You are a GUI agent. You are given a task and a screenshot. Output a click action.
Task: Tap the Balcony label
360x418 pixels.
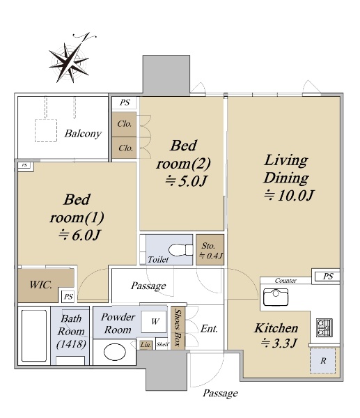pos(83,133)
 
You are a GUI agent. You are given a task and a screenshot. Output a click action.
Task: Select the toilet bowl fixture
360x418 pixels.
pos(180,250)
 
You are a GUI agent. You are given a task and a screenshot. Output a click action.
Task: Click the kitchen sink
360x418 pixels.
pos(276,297)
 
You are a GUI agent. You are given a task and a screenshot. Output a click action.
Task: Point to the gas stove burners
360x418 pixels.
pos(324,327)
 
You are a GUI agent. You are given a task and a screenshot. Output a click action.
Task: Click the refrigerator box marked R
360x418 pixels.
pos(322,360)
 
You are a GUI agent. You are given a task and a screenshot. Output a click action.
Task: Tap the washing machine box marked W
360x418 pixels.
pos(154,321)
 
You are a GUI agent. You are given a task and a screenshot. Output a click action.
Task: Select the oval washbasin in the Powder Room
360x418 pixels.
pos(115,352)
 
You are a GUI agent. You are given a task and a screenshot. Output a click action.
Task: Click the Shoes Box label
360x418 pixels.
pos(177,327)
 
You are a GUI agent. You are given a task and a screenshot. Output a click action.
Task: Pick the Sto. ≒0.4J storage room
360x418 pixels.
pos(210,250)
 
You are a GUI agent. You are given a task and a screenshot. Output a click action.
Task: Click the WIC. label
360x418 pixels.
pos(40,285)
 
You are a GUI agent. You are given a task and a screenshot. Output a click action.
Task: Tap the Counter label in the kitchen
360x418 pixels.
pos(285,281)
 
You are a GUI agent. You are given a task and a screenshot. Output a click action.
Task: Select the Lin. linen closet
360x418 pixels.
pos(146,344)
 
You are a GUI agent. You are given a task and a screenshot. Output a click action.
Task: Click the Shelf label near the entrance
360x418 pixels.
pos(162,344)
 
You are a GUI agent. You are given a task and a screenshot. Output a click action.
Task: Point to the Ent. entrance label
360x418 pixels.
pos(209,329)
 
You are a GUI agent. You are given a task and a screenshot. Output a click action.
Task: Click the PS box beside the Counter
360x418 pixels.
pos(327,276)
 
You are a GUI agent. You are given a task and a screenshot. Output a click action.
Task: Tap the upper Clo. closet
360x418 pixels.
pos(124,124)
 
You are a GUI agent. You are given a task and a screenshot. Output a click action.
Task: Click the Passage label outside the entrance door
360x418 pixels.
pos(220,393)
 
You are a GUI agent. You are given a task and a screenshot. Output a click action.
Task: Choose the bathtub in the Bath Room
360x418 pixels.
pos(34,335)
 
